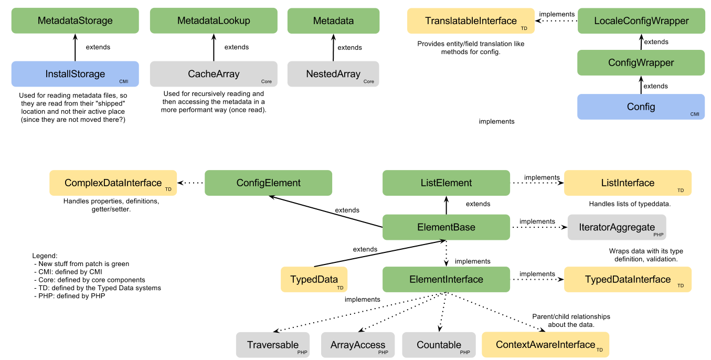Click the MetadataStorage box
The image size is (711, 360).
(75, 21)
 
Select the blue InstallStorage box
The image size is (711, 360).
(75, 74)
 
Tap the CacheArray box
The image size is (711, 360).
(214, 74)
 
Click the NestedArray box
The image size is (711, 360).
(333, 74)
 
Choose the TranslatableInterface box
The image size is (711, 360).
(471, 21)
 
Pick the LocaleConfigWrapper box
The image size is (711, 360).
(641, 21)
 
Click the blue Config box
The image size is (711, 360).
(641, 107)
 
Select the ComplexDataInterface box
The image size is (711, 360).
(113, 183)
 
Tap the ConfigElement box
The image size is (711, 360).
(268, 183)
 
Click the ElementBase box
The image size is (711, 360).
(446, 227)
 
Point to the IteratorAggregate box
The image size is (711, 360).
(617, 227)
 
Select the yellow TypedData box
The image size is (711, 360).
(314, 279)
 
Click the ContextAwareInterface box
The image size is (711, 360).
(545, 345)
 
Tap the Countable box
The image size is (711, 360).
(439, 345)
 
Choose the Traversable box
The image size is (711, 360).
(272, 345)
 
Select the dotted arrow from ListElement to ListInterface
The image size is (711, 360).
(536, 183)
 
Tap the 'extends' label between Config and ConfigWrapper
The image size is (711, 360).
(656, 86)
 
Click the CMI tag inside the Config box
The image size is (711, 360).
(695, 114)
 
